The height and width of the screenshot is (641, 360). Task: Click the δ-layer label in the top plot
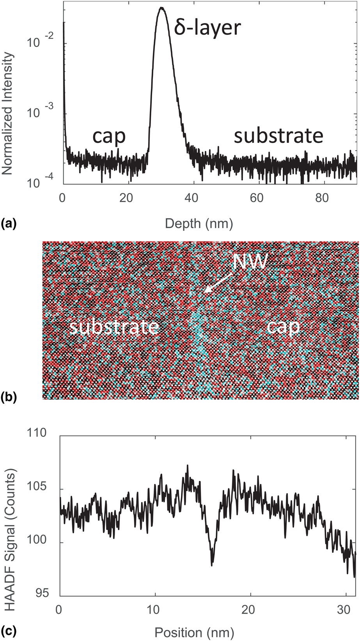point(207,28)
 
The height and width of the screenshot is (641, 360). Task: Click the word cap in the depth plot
point(109,136)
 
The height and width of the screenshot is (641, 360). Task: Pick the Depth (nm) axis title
point(199,224)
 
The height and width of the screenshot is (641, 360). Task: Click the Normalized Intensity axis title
point(8,113)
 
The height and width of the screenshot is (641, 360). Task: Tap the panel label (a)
point(9,224)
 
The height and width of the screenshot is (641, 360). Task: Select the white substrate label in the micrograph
point(114,327)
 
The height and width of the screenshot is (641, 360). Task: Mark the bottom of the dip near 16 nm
point(212,565)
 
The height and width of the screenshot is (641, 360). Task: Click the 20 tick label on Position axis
point(251,609)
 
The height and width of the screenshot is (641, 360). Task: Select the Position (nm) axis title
point(194,632)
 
